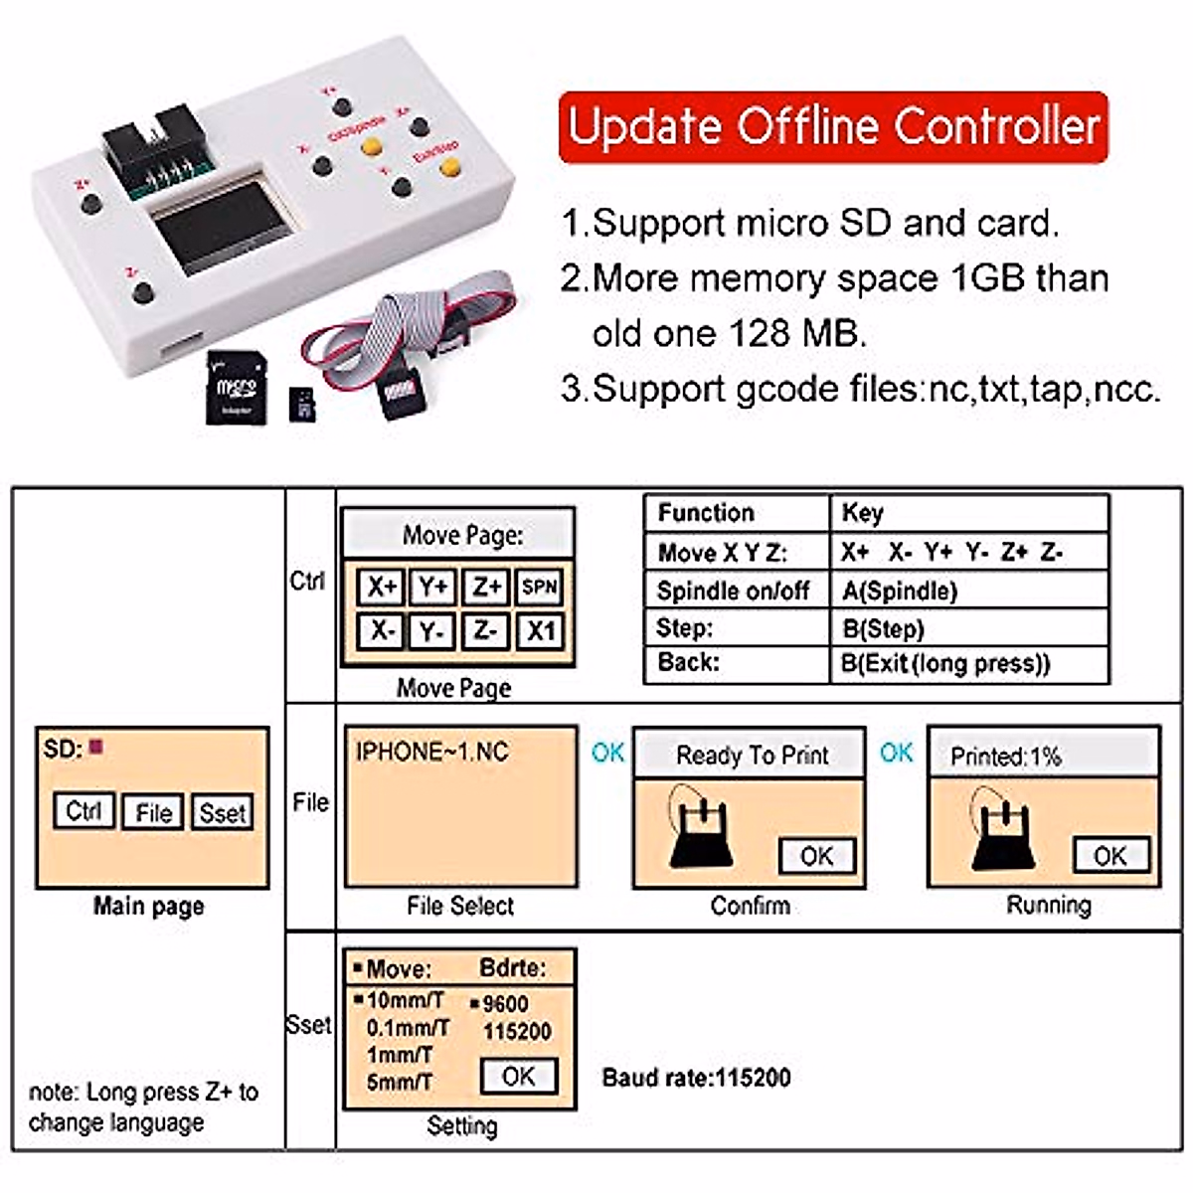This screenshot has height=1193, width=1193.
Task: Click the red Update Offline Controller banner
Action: point(833,126)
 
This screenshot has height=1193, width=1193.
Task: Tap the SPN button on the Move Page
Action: point(539,587)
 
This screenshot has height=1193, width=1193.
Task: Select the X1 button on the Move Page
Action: point(540,631)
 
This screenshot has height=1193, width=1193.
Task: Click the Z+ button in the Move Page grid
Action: point(486,587)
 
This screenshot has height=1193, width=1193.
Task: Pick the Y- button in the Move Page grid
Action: point(432,631)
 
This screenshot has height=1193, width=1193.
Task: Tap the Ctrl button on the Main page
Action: point(84,811)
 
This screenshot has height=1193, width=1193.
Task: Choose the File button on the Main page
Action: point(153,812)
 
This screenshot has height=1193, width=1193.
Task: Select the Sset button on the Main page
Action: point(222,812)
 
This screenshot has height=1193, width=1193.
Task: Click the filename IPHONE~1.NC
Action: point(431,752)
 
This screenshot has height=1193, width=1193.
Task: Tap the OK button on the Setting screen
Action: point(518,1076)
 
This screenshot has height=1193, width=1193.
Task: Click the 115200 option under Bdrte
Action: point(517,1032)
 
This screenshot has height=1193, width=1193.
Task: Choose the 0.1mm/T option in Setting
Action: point(407,1028)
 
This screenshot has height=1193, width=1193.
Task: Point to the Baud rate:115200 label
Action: point(696,1077)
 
